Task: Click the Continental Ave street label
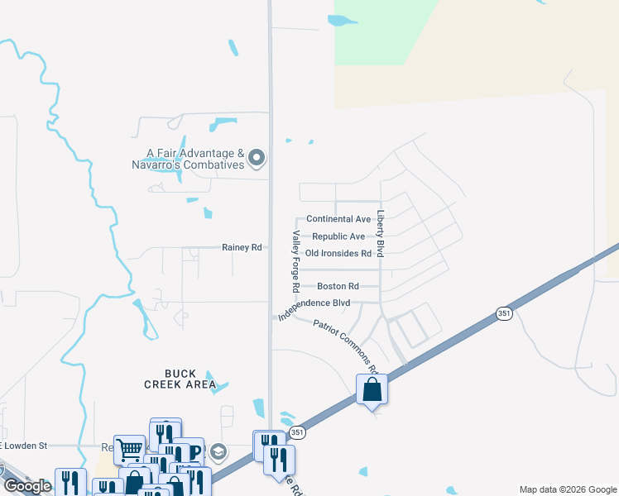(338, 219)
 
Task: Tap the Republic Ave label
(338, 236)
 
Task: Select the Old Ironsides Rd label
(338, 253)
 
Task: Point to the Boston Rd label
(337, 286)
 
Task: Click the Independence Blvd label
(314, 306)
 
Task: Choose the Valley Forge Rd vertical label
(295, 261)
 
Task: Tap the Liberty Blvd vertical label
(381, 234)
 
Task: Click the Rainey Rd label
(242, 247)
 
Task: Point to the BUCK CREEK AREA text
(180, 379)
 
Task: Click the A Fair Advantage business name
(195, 153)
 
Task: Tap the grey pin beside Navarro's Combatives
(257, 157)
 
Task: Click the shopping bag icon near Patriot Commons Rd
(372, 389)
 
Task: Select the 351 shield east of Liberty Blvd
(504, 313)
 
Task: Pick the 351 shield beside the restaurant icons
(296, 432)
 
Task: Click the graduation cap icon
(218, 451)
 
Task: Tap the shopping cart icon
(129, 450)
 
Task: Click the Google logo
(26, 486)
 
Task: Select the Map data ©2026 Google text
(567, 489)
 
